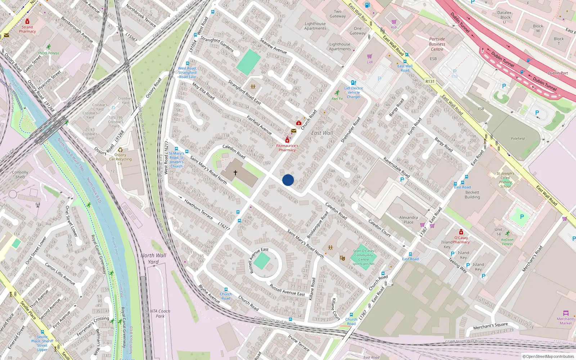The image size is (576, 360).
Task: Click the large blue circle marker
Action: coord(288,180)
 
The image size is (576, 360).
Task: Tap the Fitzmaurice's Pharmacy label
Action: coord(287,148)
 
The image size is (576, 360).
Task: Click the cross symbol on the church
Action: coord(235,173)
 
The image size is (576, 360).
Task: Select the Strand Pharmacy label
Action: coord(27,29)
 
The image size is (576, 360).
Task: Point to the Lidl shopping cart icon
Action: coord(369,57)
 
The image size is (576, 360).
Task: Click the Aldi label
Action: coord(394,27)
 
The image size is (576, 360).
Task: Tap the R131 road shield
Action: coord(430,81)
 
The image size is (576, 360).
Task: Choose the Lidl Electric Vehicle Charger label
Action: coord(354,93)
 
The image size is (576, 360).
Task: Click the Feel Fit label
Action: coord(337,99)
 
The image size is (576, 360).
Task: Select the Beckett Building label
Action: coord(472,195)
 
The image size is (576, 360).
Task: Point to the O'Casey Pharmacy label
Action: coord(461,240)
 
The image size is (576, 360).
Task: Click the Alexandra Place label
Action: coord(409,220)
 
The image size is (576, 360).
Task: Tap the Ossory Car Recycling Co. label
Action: coord(120,159)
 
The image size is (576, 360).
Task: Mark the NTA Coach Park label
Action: coord(160,314)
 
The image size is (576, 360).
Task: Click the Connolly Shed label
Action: coord(20,175)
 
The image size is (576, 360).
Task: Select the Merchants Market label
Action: coord(566,321)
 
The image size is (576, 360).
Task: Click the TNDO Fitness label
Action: coord(49,53)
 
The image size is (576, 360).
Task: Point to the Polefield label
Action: coord(518,139)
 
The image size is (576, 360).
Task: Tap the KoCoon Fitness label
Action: coord(507,242)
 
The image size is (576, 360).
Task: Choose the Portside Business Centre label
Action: coord(437,44)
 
